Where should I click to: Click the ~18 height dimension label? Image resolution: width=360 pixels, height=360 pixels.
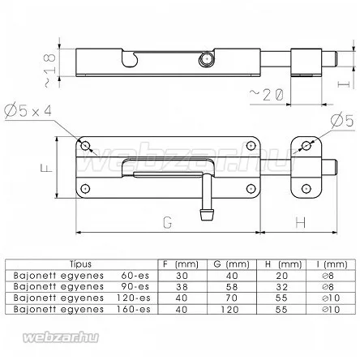point(50,70)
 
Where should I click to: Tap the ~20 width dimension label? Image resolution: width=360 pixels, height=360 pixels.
point(266,95)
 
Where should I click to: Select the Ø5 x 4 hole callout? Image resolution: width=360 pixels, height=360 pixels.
point(28,110)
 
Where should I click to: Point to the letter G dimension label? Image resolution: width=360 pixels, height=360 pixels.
point(168,222)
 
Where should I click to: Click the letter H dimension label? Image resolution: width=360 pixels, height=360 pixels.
point(300,222)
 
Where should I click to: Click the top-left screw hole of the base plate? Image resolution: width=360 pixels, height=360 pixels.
point(85,146)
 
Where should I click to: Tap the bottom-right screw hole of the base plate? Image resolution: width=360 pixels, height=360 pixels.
point(251,188)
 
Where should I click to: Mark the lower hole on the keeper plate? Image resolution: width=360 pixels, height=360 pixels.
point(306,188)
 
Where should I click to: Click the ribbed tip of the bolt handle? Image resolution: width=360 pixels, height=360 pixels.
point(208,215)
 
